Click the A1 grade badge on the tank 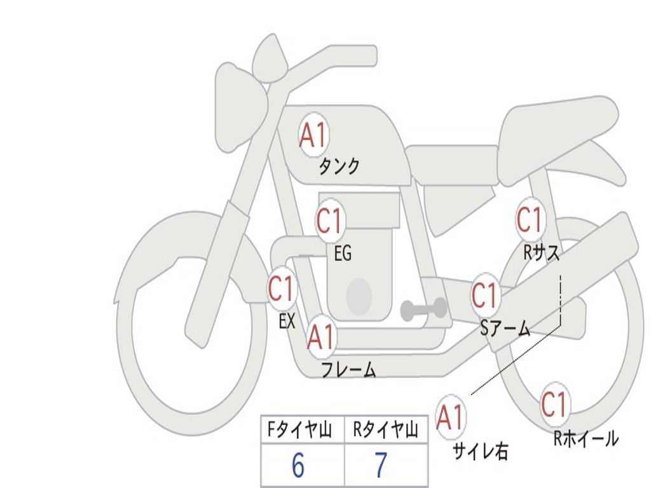point(313,135)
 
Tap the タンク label point(339,166)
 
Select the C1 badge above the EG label point(330,220)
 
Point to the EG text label point(343,253)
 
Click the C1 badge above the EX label point(282,288)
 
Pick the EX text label point(287,320)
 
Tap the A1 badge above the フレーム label point(321,337)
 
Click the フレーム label point(349,369)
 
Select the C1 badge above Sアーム point(485,295)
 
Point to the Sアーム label point(505,329)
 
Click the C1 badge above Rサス point(530,219)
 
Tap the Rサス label point(541,252)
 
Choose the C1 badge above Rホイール point(555,405)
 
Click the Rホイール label point(586,438)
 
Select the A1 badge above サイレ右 point(451,417)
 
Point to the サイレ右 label point(481,451)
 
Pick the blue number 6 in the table point(298,465)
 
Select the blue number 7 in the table point(381,465)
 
